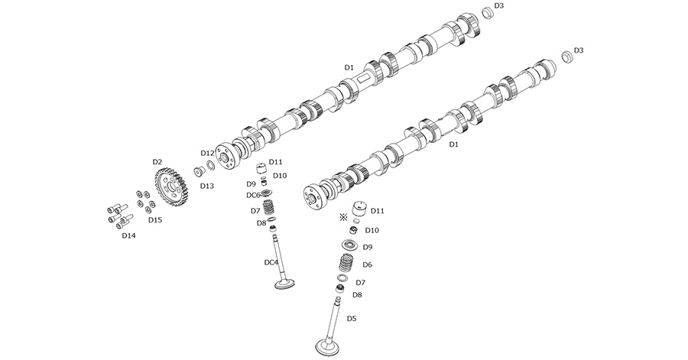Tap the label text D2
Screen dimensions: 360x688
(157, 162)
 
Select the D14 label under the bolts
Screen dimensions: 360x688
(128, 235)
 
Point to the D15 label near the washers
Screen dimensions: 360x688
(154, 220)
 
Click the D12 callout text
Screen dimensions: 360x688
(207, 154)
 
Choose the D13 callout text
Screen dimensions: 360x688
(207, 186)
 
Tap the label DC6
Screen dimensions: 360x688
(253, 196)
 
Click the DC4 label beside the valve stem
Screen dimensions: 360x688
(271, 263)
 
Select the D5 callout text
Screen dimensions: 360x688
(352, 318)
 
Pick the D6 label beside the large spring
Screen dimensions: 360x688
(367, 265)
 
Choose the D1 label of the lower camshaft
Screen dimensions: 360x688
(453, 144)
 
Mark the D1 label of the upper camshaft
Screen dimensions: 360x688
(349, 68)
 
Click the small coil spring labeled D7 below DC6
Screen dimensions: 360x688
(268, 208)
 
